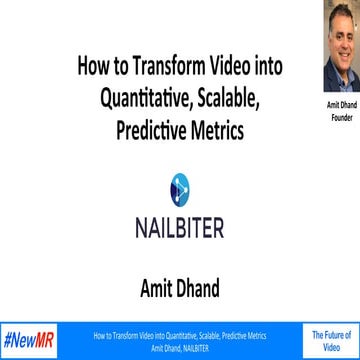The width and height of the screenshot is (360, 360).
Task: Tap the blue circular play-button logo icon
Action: [180, 186]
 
